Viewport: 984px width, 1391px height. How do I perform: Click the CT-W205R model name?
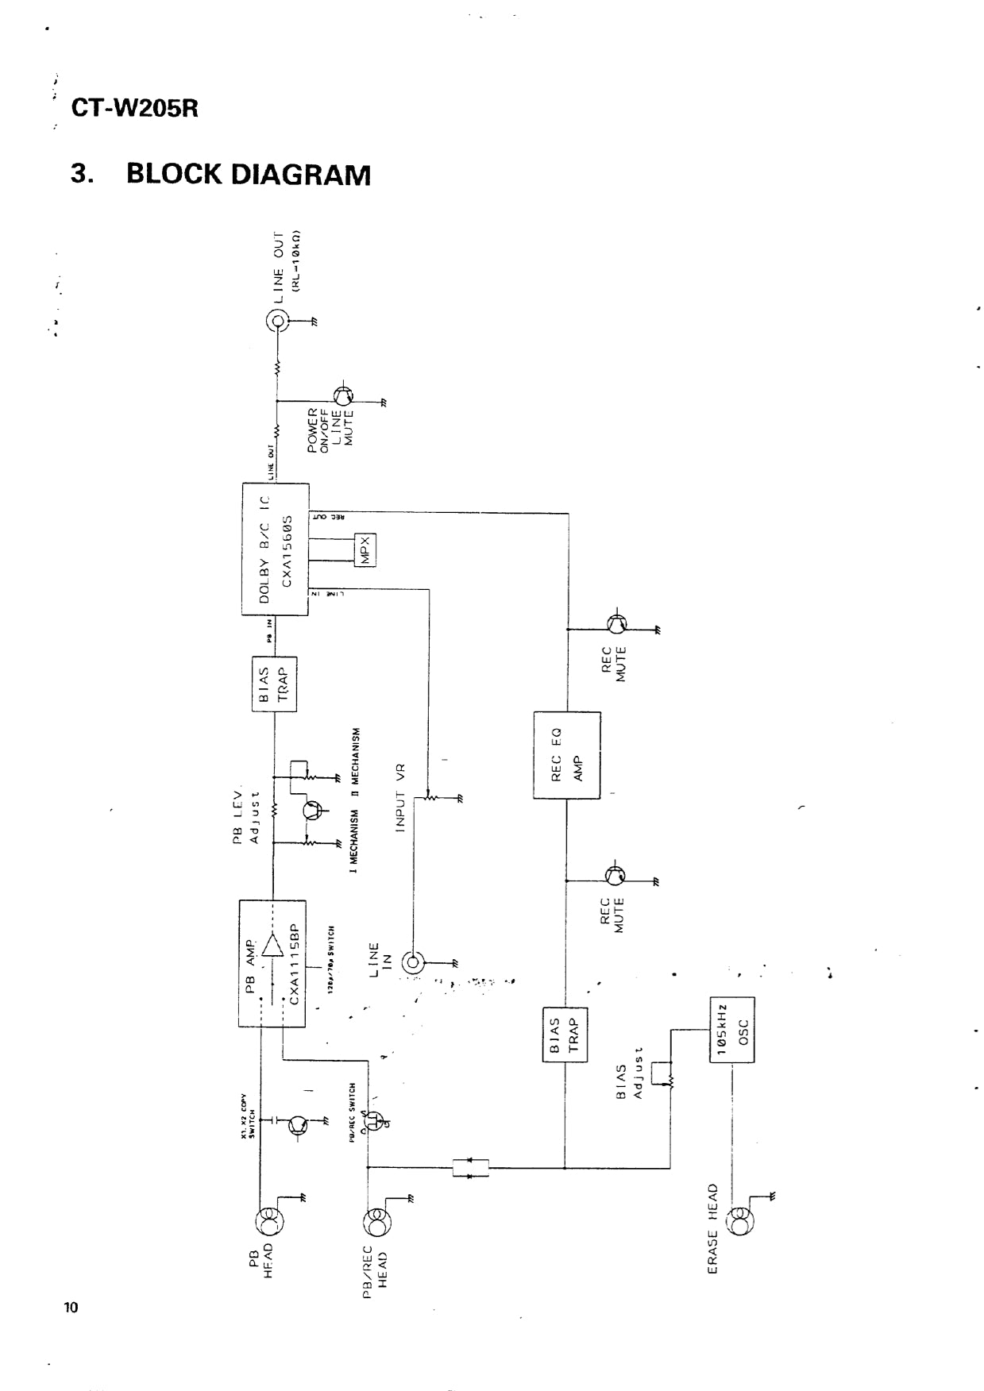134,108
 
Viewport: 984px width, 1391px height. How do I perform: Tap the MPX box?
365,549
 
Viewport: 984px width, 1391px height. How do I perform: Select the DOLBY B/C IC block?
275,549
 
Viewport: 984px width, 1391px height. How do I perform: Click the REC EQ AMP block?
566,755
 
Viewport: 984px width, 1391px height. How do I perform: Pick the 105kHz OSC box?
731,1029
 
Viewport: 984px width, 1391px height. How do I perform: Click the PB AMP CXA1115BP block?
272,963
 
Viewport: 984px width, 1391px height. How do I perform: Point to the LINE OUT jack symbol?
277,322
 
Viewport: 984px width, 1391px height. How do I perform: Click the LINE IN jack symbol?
414,963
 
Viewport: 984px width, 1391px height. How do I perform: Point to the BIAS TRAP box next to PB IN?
274,684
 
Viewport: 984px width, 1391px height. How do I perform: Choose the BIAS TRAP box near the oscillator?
565,1038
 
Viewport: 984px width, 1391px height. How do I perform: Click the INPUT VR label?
400,797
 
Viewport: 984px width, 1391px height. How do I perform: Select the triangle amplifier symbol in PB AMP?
272,946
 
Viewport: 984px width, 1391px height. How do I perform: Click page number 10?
71,1308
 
